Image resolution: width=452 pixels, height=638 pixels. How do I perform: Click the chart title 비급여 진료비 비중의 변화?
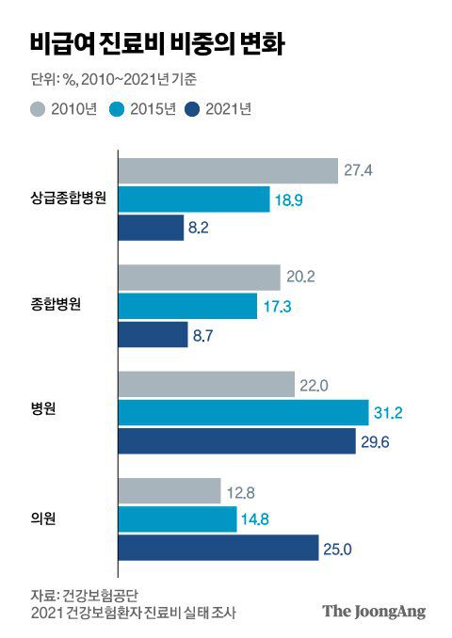point(158,44)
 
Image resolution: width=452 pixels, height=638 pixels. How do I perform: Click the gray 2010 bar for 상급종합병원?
point(227,170)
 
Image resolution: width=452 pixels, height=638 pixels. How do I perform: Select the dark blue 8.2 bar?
point(151,228)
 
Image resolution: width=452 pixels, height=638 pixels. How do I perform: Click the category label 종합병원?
point(70,306)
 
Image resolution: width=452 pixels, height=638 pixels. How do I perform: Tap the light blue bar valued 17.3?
point(187,307)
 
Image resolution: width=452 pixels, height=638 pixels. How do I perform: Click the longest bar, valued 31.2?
point(243,413)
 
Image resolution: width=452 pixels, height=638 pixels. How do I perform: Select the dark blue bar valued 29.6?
point(236,441)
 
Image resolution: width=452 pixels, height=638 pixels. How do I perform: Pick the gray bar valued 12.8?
point(169,491)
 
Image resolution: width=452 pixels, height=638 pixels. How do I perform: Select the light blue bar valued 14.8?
point(177,519)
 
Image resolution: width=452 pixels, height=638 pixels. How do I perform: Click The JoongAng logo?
point(374,611)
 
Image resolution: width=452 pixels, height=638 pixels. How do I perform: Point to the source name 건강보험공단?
point(101,595)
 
